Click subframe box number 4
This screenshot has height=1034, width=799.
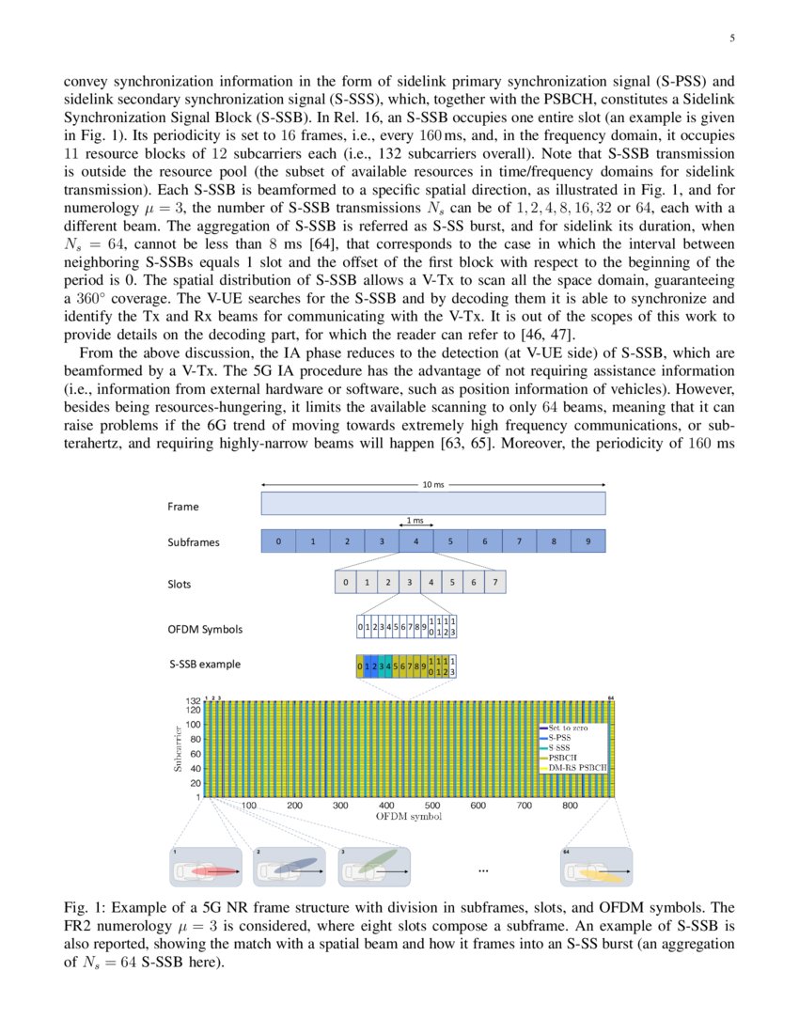415,541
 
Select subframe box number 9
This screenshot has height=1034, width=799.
587,541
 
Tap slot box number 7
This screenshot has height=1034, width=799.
494,583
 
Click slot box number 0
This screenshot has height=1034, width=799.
346,583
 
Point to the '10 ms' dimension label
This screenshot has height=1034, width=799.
432,485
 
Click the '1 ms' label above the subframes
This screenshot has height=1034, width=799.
415,521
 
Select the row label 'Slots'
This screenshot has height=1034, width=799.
180,584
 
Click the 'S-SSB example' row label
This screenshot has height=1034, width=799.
205,664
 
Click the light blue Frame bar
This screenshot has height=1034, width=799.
432,505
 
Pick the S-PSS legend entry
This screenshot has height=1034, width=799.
558,738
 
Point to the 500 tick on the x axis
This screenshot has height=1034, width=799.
432,806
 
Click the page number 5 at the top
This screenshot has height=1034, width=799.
732,39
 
